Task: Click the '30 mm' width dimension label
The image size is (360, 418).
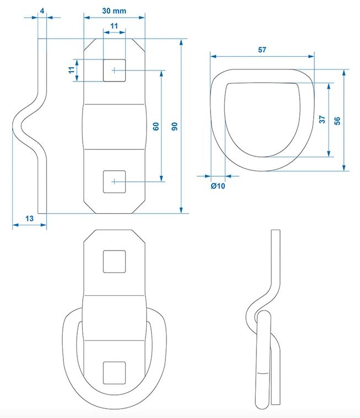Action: pos(114,11)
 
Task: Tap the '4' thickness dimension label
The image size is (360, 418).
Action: pos(42,11)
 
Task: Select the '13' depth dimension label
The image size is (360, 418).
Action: pos(29,219)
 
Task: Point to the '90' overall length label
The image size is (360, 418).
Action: pos(175,126)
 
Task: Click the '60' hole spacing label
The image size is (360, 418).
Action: pos(156,126)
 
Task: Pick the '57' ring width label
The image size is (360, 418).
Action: pos(262,50)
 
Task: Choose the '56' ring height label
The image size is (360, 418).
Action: pos(337,121)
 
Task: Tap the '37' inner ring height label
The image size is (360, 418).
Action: pos(322,120)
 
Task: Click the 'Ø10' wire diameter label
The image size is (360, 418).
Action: pos(218,186)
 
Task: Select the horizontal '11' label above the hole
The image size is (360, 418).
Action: pos(114,26)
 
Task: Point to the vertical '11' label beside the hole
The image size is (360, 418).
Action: pos(71,70)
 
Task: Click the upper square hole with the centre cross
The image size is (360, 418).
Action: pos(114,70)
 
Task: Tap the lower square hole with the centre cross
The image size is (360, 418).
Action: pos(114,182)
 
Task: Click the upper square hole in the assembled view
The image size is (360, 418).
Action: pos(114,262)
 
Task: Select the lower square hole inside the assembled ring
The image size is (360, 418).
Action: pos(114,373)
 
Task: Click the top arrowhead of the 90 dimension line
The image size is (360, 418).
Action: pos(181,42)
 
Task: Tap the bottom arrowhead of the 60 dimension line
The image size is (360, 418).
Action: pos(162,178)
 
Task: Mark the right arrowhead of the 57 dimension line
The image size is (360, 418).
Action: pos(311,56)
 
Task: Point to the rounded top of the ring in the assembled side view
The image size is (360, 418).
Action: pos(263,314)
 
